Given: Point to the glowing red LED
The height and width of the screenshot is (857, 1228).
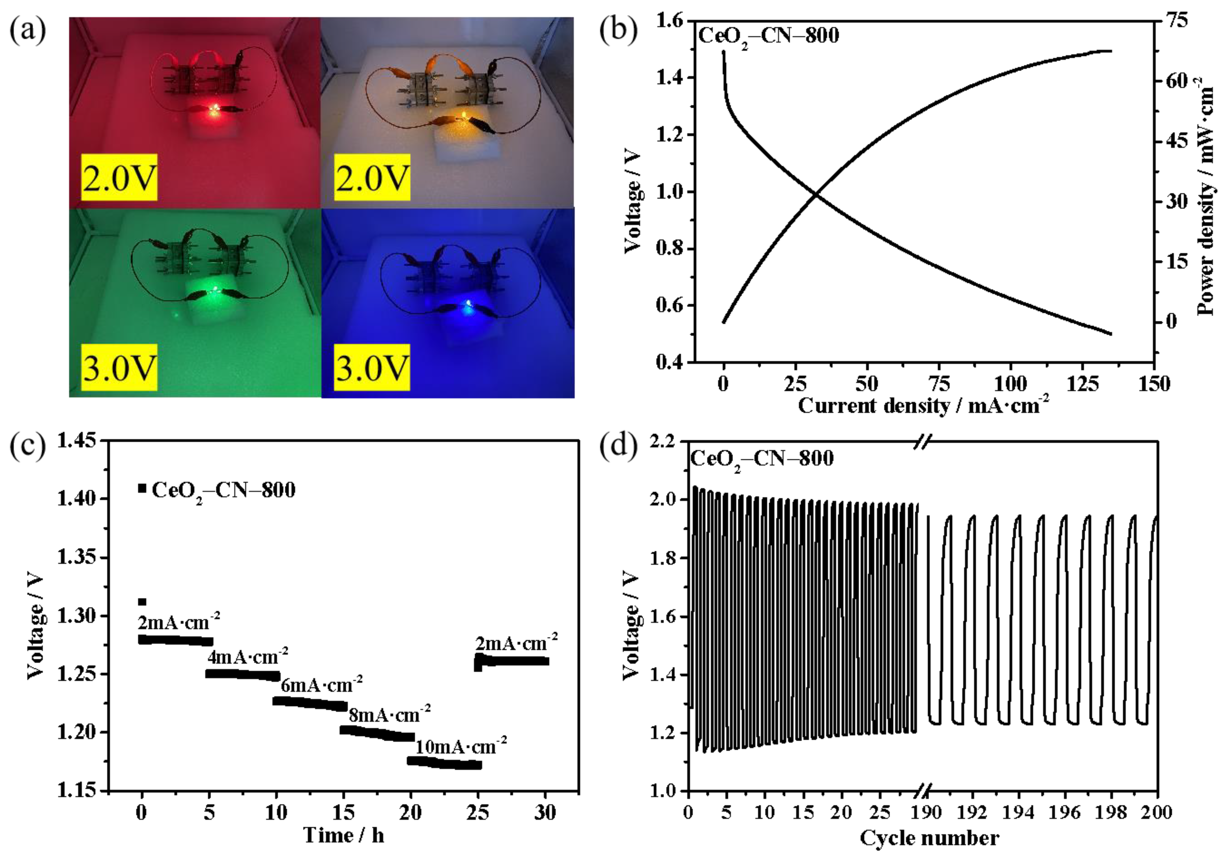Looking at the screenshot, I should (x=214, y=111).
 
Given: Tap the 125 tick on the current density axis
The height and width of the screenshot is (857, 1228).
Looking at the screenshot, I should (x=1083, y=384).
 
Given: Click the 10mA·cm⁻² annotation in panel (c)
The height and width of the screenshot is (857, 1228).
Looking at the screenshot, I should (x=461, y=745).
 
